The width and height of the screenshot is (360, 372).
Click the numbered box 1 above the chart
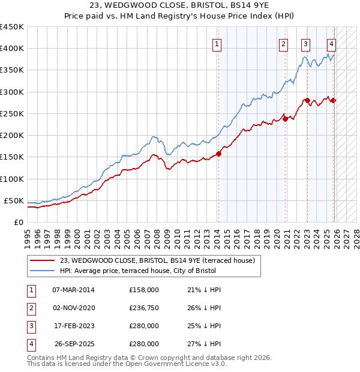point(216,43)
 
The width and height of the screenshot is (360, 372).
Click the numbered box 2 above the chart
point(283,43)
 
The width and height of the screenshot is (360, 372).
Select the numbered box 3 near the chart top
point(306,43)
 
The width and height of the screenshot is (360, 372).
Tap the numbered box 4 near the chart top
point(331,43)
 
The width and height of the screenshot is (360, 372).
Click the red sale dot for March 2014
point(218,154)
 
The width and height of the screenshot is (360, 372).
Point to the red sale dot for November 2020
point(286,119)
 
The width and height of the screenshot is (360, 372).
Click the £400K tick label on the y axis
point(12,49)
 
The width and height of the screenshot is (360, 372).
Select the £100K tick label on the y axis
point(12,179)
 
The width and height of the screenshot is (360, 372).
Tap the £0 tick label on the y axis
point(18,222)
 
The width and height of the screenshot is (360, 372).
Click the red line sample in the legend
point(43,260)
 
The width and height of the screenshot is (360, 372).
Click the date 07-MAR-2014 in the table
point(74,290)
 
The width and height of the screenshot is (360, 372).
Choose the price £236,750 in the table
point(144,308)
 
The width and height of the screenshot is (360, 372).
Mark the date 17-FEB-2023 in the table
point(74,326)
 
